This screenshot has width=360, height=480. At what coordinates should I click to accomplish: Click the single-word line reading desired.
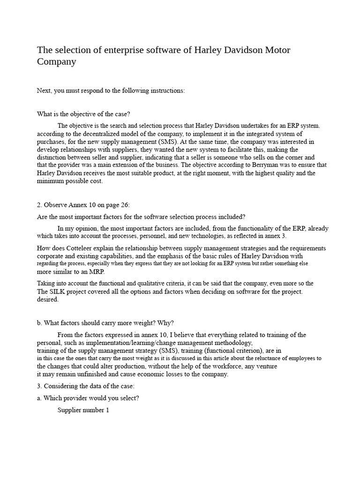pos(48,300)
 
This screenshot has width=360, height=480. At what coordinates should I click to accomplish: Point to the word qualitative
pos(155,284)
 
